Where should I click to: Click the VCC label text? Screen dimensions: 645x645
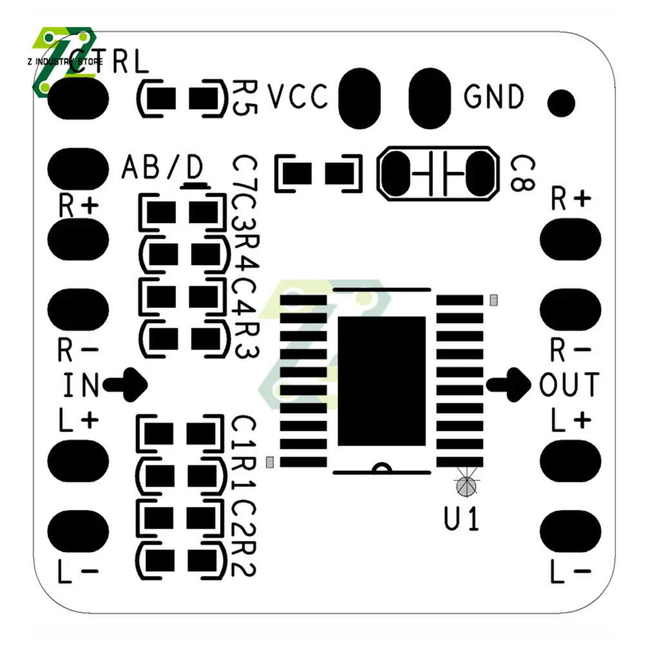pos(298,97)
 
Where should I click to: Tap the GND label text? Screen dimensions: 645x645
pos(494,97)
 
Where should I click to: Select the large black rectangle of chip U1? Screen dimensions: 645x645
pos(382,381)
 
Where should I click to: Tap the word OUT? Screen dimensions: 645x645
pos(569,385)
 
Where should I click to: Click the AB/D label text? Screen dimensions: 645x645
pos(162,168)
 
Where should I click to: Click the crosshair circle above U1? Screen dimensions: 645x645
pos(466,484)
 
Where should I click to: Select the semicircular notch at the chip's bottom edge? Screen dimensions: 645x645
pos(382,469)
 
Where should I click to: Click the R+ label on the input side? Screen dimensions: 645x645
pos(79,206)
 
